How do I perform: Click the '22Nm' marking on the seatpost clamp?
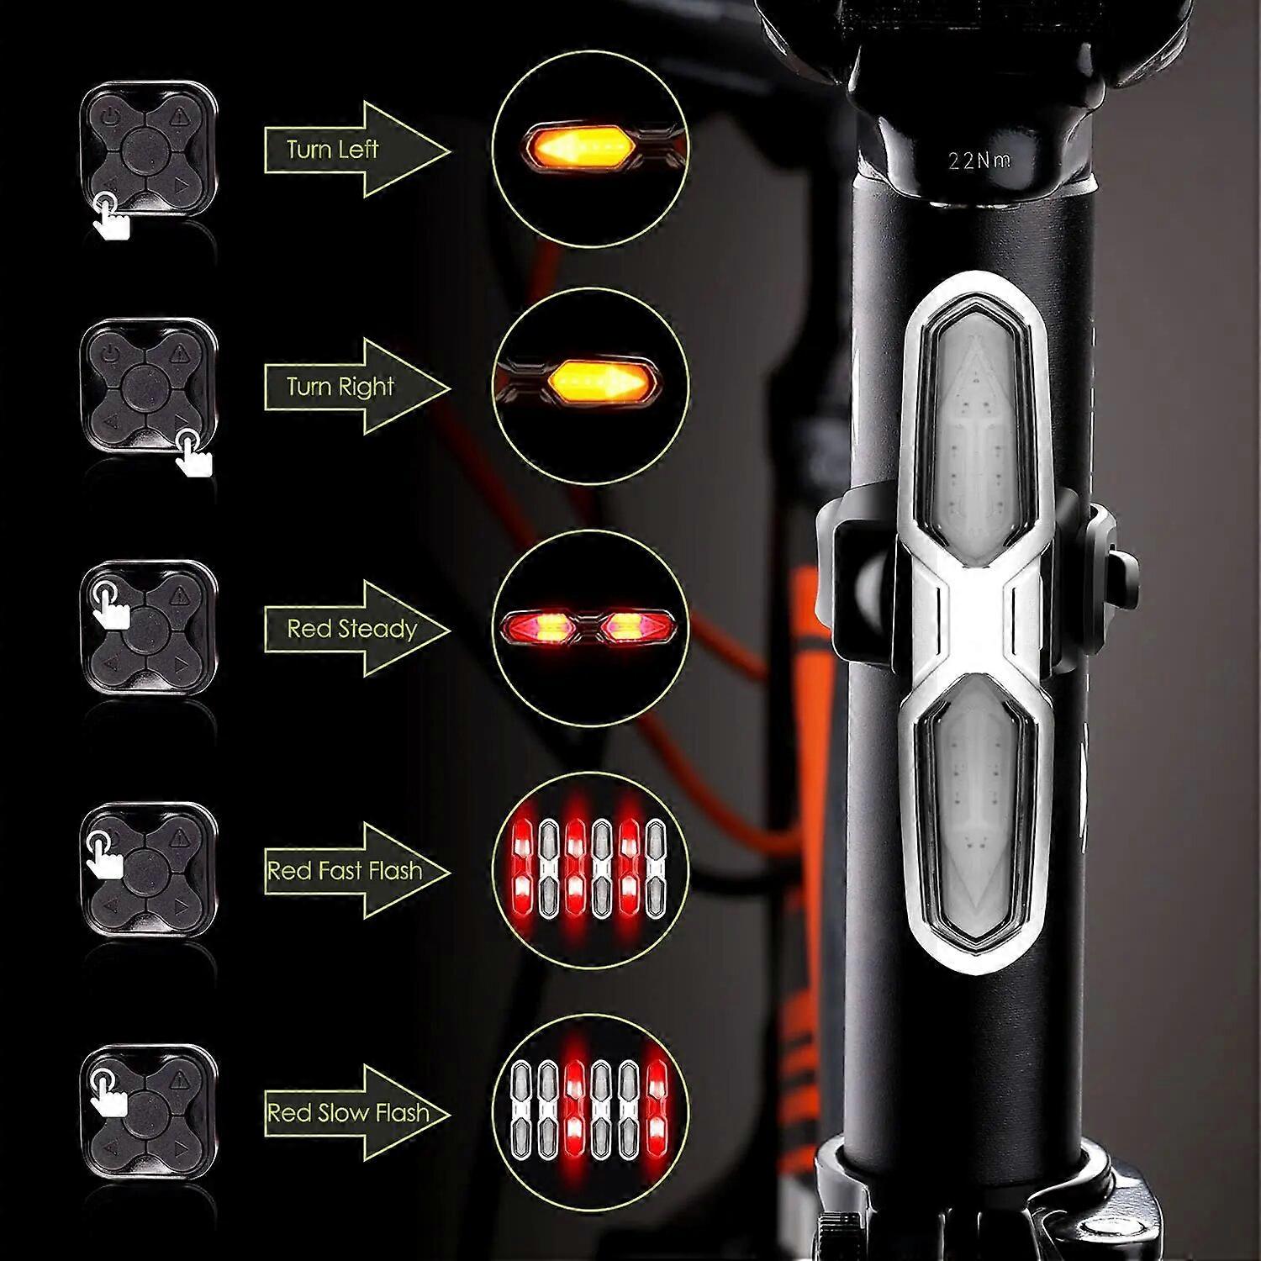pyautogui.click(x=979, y=160)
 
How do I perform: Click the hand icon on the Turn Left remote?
pyautogui.click(x=111, y=216)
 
